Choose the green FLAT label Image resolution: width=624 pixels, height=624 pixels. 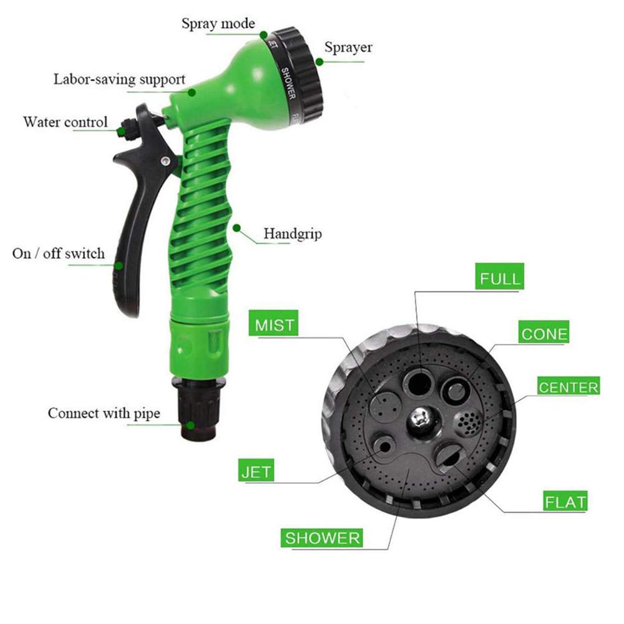[565, 500]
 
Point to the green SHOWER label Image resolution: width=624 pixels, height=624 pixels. [322, 538]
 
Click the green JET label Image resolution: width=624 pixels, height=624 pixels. [256, 470]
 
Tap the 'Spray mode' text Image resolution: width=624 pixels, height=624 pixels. [218, 23]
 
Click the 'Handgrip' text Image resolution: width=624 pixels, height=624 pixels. [293, 233]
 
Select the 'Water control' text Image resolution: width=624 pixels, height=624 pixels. [66, 122]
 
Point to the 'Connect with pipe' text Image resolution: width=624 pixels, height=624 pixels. [104, 413]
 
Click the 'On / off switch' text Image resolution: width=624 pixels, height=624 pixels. [59, 253]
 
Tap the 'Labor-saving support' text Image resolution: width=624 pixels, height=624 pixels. [119, 79]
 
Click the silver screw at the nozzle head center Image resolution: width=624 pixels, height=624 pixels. [420, 419]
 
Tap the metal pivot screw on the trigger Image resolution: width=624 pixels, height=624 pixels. [165, 161]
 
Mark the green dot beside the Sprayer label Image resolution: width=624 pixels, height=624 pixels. [319, 62]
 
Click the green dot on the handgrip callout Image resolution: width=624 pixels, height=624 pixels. [236, 228]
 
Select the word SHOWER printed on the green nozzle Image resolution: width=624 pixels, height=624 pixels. [288, 84]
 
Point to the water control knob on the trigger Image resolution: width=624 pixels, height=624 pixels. [128, 129]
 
